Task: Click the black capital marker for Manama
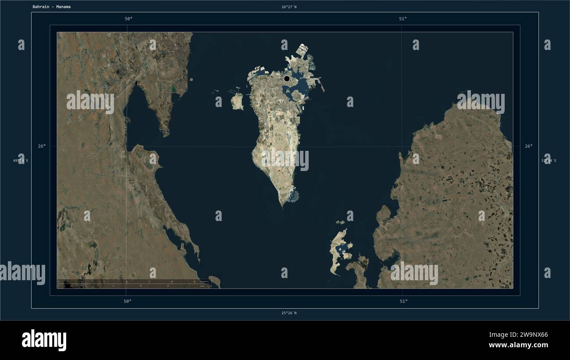pyautogui.click(x=287, y=78)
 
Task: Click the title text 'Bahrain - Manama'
pyautogui.click(x=51, y=7)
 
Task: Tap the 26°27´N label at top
pyautogui.click(x=289, y=7)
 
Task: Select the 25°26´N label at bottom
pyautogui.click(x=289, y=313)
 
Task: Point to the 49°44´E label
pyautogui.click(x=21, y=160)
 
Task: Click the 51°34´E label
pyautogui.click(x=549, y=160)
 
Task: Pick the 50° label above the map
pyautogui.click(x=128, y=18)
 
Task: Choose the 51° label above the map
pyautogui.click(x=403, y=18)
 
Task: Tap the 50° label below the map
pyautogui.click(x=127, y=301)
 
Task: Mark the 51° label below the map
pyautogui.click(x=403, y=301)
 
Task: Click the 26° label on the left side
pyautogui.click(x=42, y=146)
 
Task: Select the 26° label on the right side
pyautogui.click(x=529, y=146)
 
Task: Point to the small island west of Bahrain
pyautogui.click(x=237, y=102)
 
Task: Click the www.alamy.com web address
pyautogui.click(x=518, y=346)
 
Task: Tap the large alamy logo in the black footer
pyautogui.click(x=44, y=340)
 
